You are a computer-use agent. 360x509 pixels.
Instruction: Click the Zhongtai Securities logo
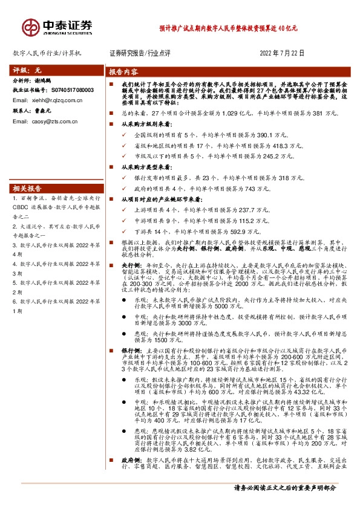(57, 26)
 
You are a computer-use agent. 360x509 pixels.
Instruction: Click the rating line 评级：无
(26, 70)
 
